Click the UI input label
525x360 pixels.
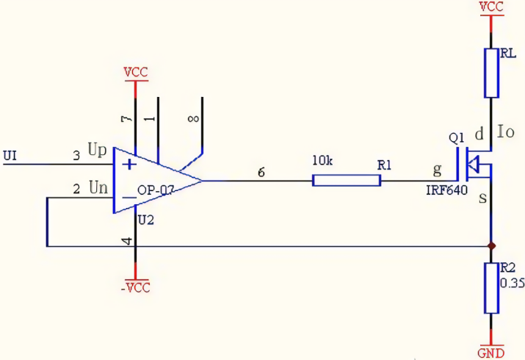pos(10,155)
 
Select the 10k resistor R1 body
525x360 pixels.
pos(347,180)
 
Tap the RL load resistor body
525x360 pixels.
pos(492,73)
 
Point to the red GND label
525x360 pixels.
pos(491,353)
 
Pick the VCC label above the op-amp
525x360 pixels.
pos(135,73)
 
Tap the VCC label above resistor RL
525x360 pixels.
pos(491,7)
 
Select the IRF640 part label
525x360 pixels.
pos(446,190)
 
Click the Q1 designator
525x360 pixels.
pos(457,137)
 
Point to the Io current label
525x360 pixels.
pos(506,132)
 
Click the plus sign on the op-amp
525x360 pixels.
pos(129,163)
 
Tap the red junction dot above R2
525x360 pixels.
pos(491,245)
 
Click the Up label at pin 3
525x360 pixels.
pos(98,149)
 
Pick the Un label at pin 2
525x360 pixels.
pos(98,188)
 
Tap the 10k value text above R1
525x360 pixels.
pos(324,161)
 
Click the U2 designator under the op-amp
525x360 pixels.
pos(147,220)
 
